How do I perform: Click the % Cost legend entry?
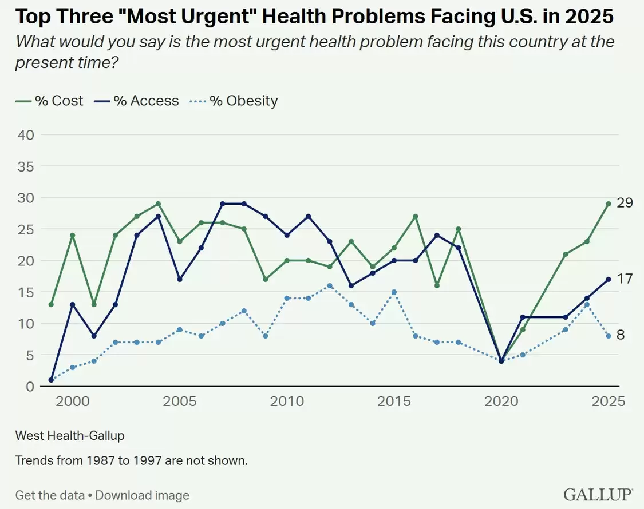tap(49, 101)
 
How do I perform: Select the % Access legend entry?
tap(136, 101)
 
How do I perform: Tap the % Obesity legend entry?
tap(234, 101)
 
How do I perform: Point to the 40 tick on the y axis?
tap(25, 134)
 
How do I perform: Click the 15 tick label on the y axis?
tap(25, 292)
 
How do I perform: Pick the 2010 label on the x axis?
tap(287, 401)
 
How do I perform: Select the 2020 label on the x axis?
tap(501, 401)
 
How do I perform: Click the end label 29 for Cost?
tap(625, 203)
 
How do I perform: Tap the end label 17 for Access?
tap(625, 279)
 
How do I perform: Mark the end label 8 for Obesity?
tap(621, 335)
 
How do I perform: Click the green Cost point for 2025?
tap(609, 204)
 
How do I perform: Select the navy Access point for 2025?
tap(609, 279)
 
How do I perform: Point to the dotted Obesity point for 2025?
tap(609, 336)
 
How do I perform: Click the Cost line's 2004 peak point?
tap(158, 204)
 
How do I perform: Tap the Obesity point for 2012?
tap(330, 286)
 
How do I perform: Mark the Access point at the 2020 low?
tap(501, 361)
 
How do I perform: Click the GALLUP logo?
tap(598, 494)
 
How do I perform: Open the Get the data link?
tap(50, 495)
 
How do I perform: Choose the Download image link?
tap(142, 495)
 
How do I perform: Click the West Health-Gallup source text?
tap(70, 436)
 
